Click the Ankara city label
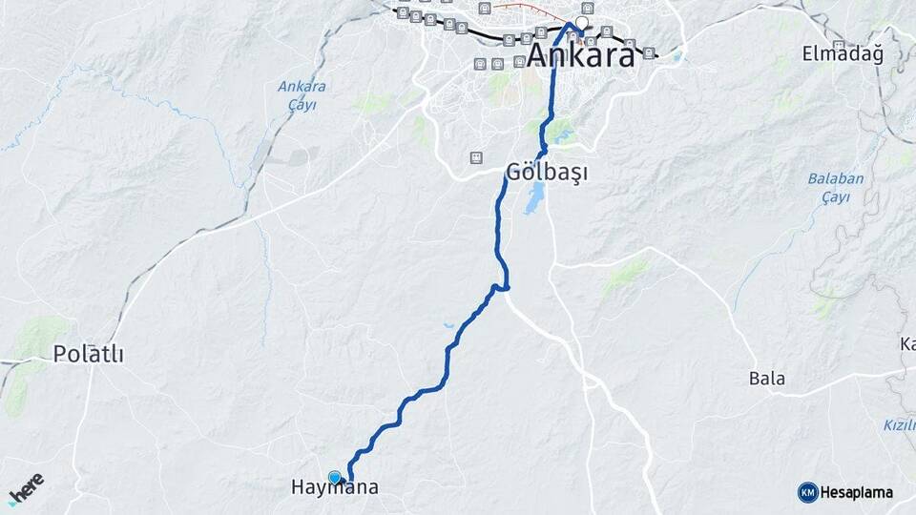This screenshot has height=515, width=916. pyautogui.click(x=580, y=55)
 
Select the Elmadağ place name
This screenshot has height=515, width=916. pyautogui.click(x=843, y=53)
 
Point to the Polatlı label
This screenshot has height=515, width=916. pyautogui.click(x=89, y=354)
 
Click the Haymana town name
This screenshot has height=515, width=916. pyautogui.click(x=334, y=487)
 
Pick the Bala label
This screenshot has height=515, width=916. pyautogui.click(x=767, y=379)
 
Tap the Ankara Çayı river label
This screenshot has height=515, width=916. pyautogui.click(x=302, y=94)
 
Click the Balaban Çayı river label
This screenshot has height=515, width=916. pyautogui.click(x=827, y=187)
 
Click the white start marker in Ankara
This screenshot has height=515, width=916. pyautogui.click(x=581, y=21)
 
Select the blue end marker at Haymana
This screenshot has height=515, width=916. pyautogui.click(x=334, y=477)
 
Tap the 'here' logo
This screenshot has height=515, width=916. pyautogui.click(x=26, y=488)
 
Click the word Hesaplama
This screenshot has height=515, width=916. pyautogui.click(x=856, y=492)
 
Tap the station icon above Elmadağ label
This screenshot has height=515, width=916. pyautogui.click(x=838, y=46)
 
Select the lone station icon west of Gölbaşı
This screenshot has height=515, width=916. pyautogui.click(x=474, y=157)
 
